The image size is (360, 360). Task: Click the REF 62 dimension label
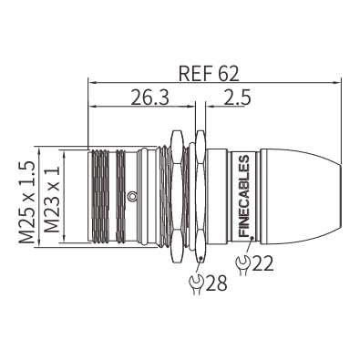[x=209, y=73]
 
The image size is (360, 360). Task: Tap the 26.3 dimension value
[x=149, y=98]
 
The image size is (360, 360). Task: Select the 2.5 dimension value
[x=237, y=98]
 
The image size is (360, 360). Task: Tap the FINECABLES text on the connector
[x=244, y=196]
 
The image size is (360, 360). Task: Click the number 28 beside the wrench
[x=216, y=283]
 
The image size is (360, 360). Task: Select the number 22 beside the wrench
[x=263, y=263]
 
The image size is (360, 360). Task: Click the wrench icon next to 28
[x=196, y=284]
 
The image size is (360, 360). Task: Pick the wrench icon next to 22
[x=242, y=265]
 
